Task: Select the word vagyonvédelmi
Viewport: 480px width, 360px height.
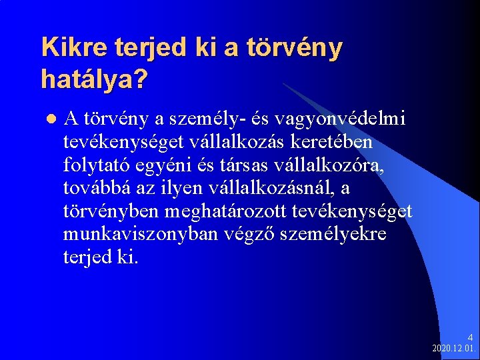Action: point(360,119)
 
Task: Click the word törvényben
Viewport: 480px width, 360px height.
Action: point(110,211)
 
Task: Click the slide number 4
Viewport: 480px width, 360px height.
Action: point(469,338)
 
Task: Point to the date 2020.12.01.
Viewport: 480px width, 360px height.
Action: point(453,349)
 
